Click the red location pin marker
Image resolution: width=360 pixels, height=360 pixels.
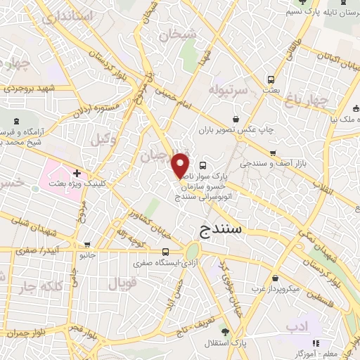coord(181,165)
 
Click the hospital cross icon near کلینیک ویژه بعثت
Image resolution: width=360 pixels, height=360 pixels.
coord(76,172)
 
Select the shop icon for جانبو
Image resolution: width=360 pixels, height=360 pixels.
coord(86,245)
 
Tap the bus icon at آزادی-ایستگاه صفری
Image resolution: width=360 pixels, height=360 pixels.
coord(165,252)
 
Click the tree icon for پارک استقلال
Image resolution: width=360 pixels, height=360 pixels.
coord(225,330)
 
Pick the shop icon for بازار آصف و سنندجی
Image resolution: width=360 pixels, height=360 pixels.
coord(273,153)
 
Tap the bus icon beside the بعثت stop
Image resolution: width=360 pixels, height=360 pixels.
coord(271,79)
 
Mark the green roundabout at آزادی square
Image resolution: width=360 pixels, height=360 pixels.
coord(193,252)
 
